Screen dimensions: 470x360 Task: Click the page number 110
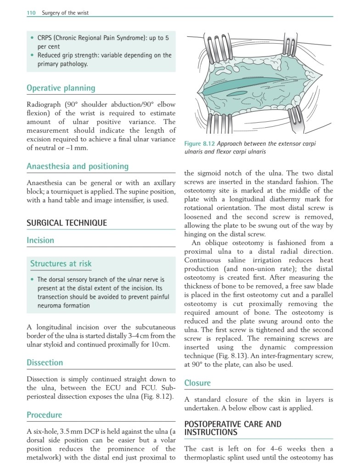tap(31, 13)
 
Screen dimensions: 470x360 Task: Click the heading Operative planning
tap(61, 88)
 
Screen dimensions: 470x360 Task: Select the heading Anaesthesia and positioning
tap(77, 166)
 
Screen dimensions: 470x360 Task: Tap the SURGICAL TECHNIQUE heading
tap(67, 223)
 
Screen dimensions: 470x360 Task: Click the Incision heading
tap(40, 240)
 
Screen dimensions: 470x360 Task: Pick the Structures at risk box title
tap(61, 264)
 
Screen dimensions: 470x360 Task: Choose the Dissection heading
tap(45, 362)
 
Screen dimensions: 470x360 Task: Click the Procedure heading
tap(44, 415)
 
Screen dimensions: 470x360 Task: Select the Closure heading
tap(197, 383)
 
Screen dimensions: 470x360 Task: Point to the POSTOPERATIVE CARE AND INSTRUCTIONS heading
tap(232, 428)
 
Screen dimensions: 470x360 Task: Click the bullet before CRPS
tap(32, 38)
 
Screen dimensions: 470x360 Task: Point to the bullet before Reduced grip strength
tap(32, 55)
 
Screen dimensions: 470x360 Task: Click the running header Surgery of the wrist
tap(65, 13)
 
